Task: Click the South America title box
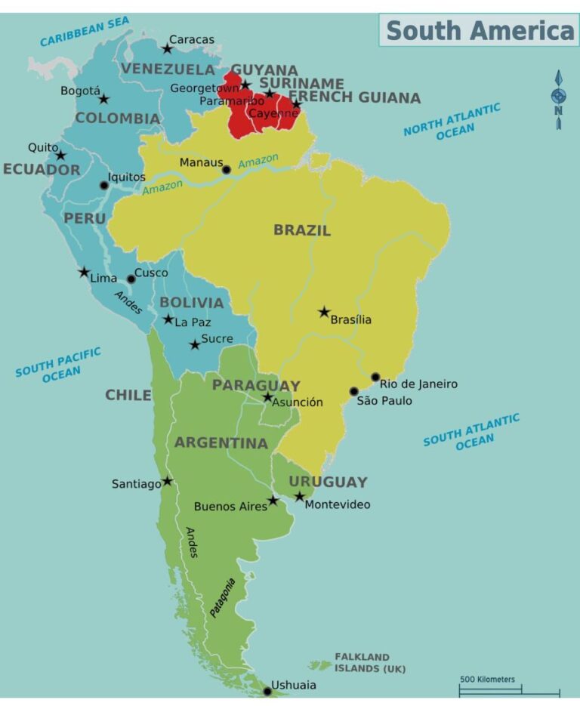479,30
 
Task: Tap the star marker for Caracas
168,48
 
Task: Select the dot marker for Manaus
226,170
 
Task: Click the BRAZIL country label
302,230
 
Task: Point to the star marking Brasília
324,312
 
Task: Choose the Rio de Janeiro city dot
375,377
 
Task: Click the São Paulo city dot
353,391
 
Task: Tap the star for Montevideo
300,496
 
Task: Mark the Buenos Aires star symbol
273,500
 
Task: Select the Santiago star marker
167,481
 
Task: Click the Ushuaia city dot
267,691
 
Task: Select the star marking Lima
84,272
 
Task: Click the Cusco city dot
131,279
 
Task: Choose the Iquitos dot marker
104,185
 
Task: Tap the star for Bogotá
104,99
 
